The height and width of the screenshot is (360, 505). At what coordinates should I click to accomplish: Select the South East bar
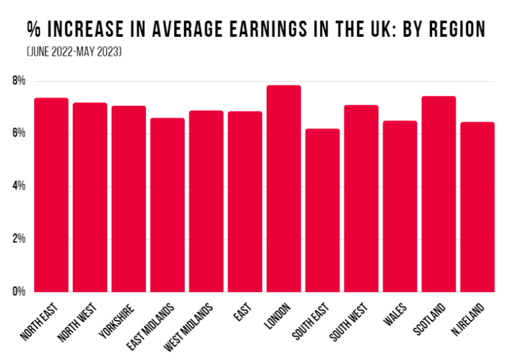coord(322,210)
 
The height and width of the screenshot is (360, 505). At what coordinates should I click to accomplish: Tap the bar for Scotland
coord(439,194)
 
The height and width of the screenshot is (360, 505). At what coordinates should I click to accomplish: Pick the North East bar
coord(51,194)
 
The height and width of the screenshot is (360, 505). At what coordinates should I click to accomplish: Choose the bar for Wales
coord(400,206)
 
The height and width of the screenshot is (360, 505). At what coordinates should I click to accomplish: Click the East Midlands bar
coord(168,205)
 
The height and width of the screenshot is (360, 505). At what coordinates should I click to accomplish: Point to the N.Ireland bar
coord(477,207)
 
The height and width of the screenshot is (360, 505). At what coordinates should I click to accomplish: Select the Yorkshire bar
coord(129,198)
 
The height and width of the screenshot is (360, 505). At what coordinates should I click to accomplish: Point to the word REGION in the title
coord(450,30)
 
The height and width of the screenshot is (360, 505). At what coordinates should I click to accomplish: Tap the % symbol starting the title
coord(34,30)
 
